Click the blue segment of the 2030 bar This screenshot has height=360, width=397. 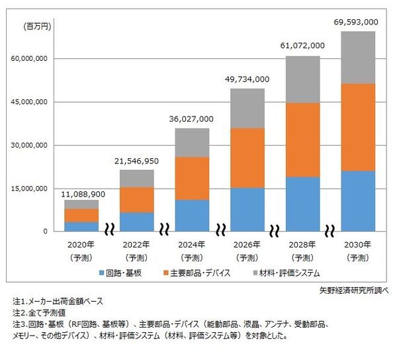coord(358,201)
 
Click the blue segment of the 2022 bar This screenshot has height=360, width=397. coord(136,222)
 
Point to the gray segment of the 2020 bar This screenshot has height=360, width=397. coord(81,204)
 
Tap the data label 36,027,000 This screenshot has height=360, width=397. coord(192,118)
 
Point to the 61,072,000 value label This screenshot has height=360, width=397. coord(303,46)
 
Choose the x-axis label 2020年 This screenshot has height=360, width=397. coord(81,244)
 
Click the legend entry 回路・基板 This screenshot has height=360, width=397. coord(124,272)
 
